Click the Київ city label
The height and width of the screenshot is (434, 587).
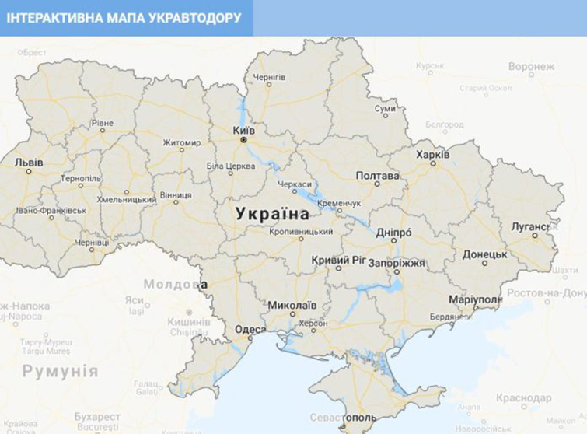pyautogui.click(x=243, y=130)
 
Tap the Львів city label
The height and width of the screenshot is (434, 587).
pyautogui.click(x=29, y=163)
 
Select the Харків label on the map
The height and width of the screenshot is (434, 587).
pyautogui.click(x=432, y=154)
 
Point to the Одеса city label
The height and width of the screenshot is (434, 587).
pyautogui.click(x=250, y=329)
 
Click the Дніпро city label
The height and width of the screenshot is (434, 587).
pyautogui.click(x=393, y=232)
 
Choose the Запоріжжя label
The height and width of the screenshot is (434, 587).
pyautogui.click(x=398, y=263)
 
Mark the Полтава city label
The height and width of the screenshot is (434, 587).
pyautogui.click(x=377, y=176)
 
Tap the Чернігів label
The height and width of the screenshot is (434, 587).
pyautogui.click(x=270, y=77)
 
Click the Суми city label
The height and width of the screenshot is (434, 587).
pyautogui.click(x=386, y=109)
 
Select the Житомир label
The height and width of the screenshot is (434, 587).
pyautogui.click(x=181, y=142)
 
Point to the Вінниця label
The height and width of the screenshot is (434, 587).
pyautogui.click(x=176, y=194)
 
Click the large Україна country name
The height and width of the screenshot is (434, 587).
pyautogui.click(x=272, y=214)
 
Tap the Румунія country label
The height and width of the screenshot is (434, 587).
pyautogui.click(x=60, y=372)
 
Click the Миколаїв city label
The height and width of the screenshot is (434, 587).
pyautogui.click(x=292, y=305)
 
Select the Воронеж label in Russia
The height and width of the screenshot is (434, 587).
pyautogui.click(x=532, y=67)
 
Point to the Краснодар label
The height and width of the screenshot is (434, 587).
pyautogui.click(x=524, y=398)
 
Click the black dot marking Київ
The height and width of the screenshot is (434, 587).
pyautogui.click(x=243, y=141)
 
